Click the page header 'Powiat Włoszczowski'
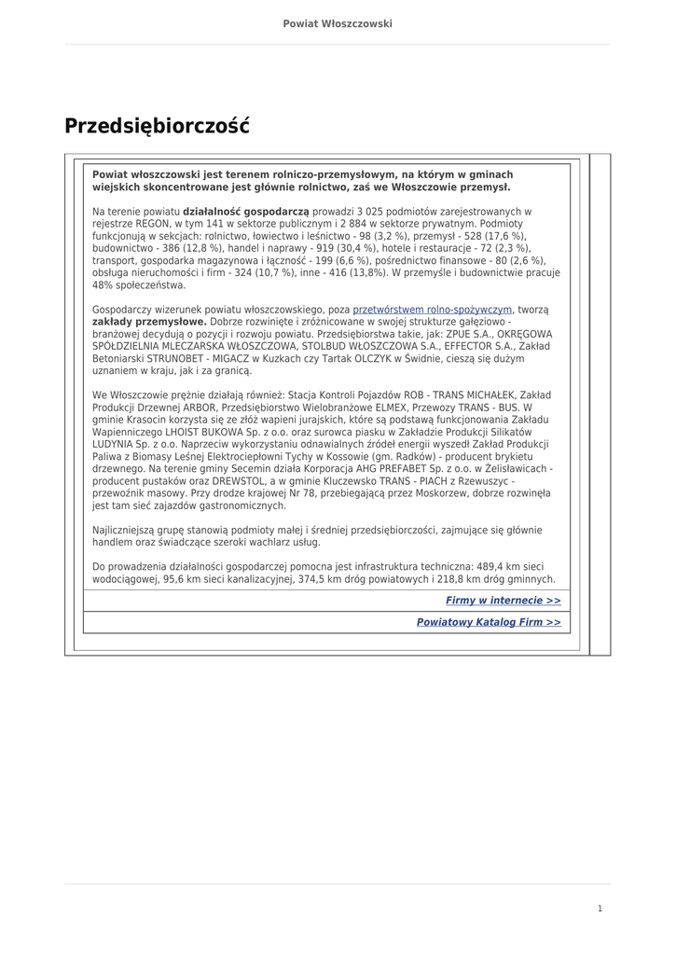coord(338,23)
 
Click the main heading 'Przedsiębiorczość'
coord(157,126)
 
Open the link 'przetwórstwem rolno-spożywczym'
coord(433,309)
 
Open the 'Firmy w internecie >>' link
coord(504,601)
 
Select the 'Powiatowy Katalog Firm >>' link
coord(489,621)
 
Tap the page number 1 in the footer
coord(600,908)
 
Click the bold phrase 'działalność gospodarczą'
coord(246,212)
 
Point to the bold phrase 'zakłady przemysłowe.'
coord(149,321)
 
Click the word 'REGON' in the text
coord(152,224)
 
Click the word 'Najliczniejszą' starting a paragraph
coord(125,530)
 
